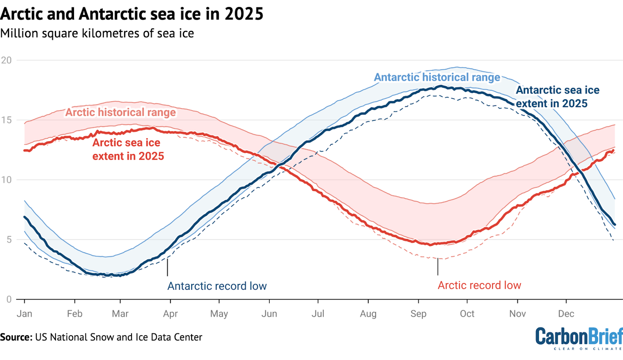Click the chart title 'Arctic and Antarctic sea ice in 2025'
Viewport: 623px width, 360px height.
[132, 14]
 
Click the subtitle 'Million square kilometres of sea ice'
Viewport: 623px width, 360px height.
[97, 33]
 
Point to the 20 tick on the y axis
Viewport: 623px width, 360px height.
[6, 60]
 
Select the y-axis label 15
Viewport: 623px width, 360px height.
[6, 120]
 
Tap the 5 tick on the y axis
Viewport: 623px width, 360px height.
[9, 240]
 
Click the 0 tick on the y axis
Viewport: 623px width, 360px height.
[9, 299]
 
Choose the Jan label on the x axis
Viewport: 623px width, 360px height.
[24, 314]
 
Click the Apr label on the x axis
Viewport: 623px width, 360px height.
[170, 314]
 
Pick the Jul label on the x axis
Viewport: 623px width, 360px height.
[318, 314]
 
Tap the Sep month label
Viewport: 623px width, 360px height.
[418, 314]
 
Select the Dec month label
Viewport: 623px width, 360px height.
[566, 314]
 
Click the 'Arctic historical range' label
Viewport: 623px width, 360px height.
[120, 112]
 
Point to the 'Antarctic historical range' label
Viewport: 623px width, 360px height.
[437, 77]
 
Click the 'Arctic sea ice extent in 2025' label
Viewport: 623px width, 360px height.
[128, 149]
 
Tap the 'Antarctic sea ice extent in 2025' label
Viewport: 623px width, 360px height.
[557, 97]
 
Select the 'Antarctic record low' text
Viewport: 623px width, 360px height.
[217, 286]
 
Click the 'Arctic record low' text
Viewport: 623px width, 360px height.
[479, 285]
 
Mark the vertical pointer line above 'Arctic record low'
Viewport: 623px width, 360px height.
[438, 267]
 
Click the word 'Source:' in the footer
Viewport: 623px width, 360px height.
[16, 337]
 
